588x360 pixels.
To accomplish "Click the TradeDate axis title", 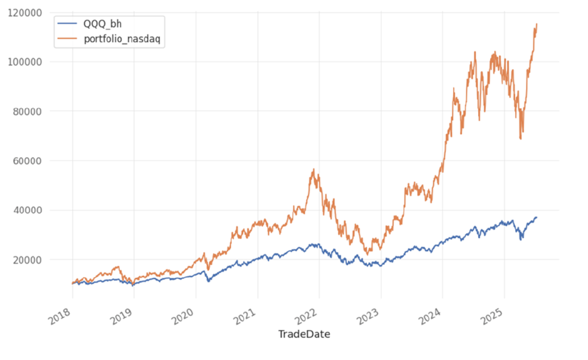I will (x=304, y=334).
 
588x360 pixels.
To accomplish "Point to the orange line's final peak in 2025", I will (x=536, y=24).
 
